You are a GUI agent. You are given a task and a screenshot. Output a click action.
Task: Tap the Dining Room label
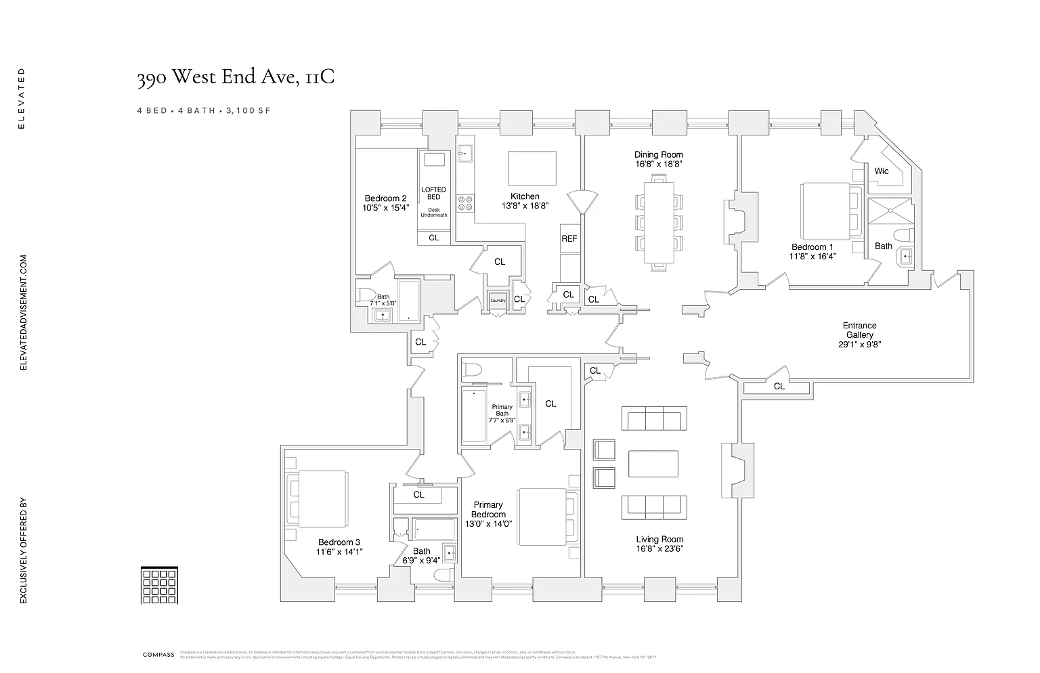658,154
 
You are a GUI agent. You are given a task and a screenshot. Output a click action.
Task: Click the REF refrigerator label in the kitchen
569,239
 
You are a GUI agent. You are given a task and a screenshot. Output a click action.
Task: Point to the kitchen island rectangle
532,169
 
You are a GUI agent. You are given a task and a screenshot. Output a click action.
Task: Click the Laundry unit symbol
498,301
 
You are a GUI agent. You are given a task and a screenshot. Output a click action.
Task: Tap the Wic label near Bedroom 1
881,171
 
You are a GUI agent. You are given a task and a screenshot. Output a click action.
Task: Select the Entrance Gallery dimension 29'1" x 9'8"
859,345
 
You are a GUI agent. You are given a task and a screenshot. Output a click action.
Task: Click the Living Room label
659,540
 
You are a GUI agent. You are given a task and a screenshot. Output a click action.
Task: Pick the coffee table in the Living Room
653,464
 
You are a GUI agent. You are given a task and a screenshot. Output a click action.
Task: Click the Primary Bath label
502,410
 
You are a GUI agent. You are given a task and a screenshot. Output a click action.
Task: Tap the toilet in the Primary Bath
472,370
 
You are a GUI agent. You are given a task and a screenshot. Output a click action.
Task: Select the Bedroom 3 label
339,542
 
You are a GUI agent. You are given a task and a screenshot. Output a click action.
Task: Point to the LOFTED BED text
433,194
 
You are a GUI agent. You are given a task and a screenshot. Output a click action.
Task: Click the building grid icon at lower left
160,585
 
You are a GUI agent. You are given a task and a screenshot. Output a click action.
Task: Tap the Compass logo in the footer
158,655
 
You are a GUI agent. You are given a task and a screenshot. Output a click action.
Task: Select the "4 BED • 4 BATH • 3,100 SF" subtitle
203,110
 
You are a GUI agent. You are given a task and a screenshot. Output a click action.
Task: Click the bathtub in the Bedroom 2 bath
408,301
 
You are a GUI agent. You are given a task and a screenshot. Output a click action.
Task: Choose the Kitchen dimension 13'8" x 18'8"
524,206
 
